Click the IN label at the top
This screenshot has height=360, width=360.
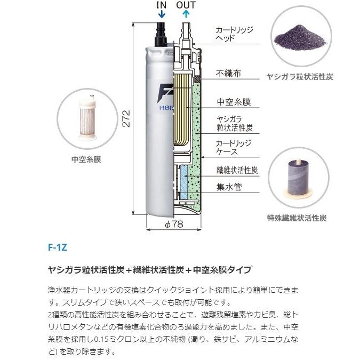(x=161, y=5)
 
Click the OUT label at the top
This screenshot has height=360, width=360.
(x=186, y=5)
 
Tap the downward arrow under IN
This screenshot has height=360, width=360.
(x=161, y=15)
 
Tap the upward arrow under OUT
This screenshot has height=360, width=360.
(x=186, y=15)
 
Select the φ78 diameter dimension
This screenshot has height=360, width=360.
(x=173, y=225)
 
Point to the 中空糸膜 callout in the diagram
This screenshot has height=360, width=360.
(x=234, y=102)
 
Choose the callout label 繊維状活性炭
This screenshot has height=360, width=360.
(x=237, y=170)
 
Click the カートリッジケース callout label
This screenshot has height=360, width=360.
(x=233, y=148)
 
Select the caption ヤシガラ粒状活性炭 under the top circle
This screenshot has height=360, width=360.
(x=300, y=77)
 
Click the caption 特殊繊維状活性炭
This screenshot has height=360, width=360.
(x=297, y=218)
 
